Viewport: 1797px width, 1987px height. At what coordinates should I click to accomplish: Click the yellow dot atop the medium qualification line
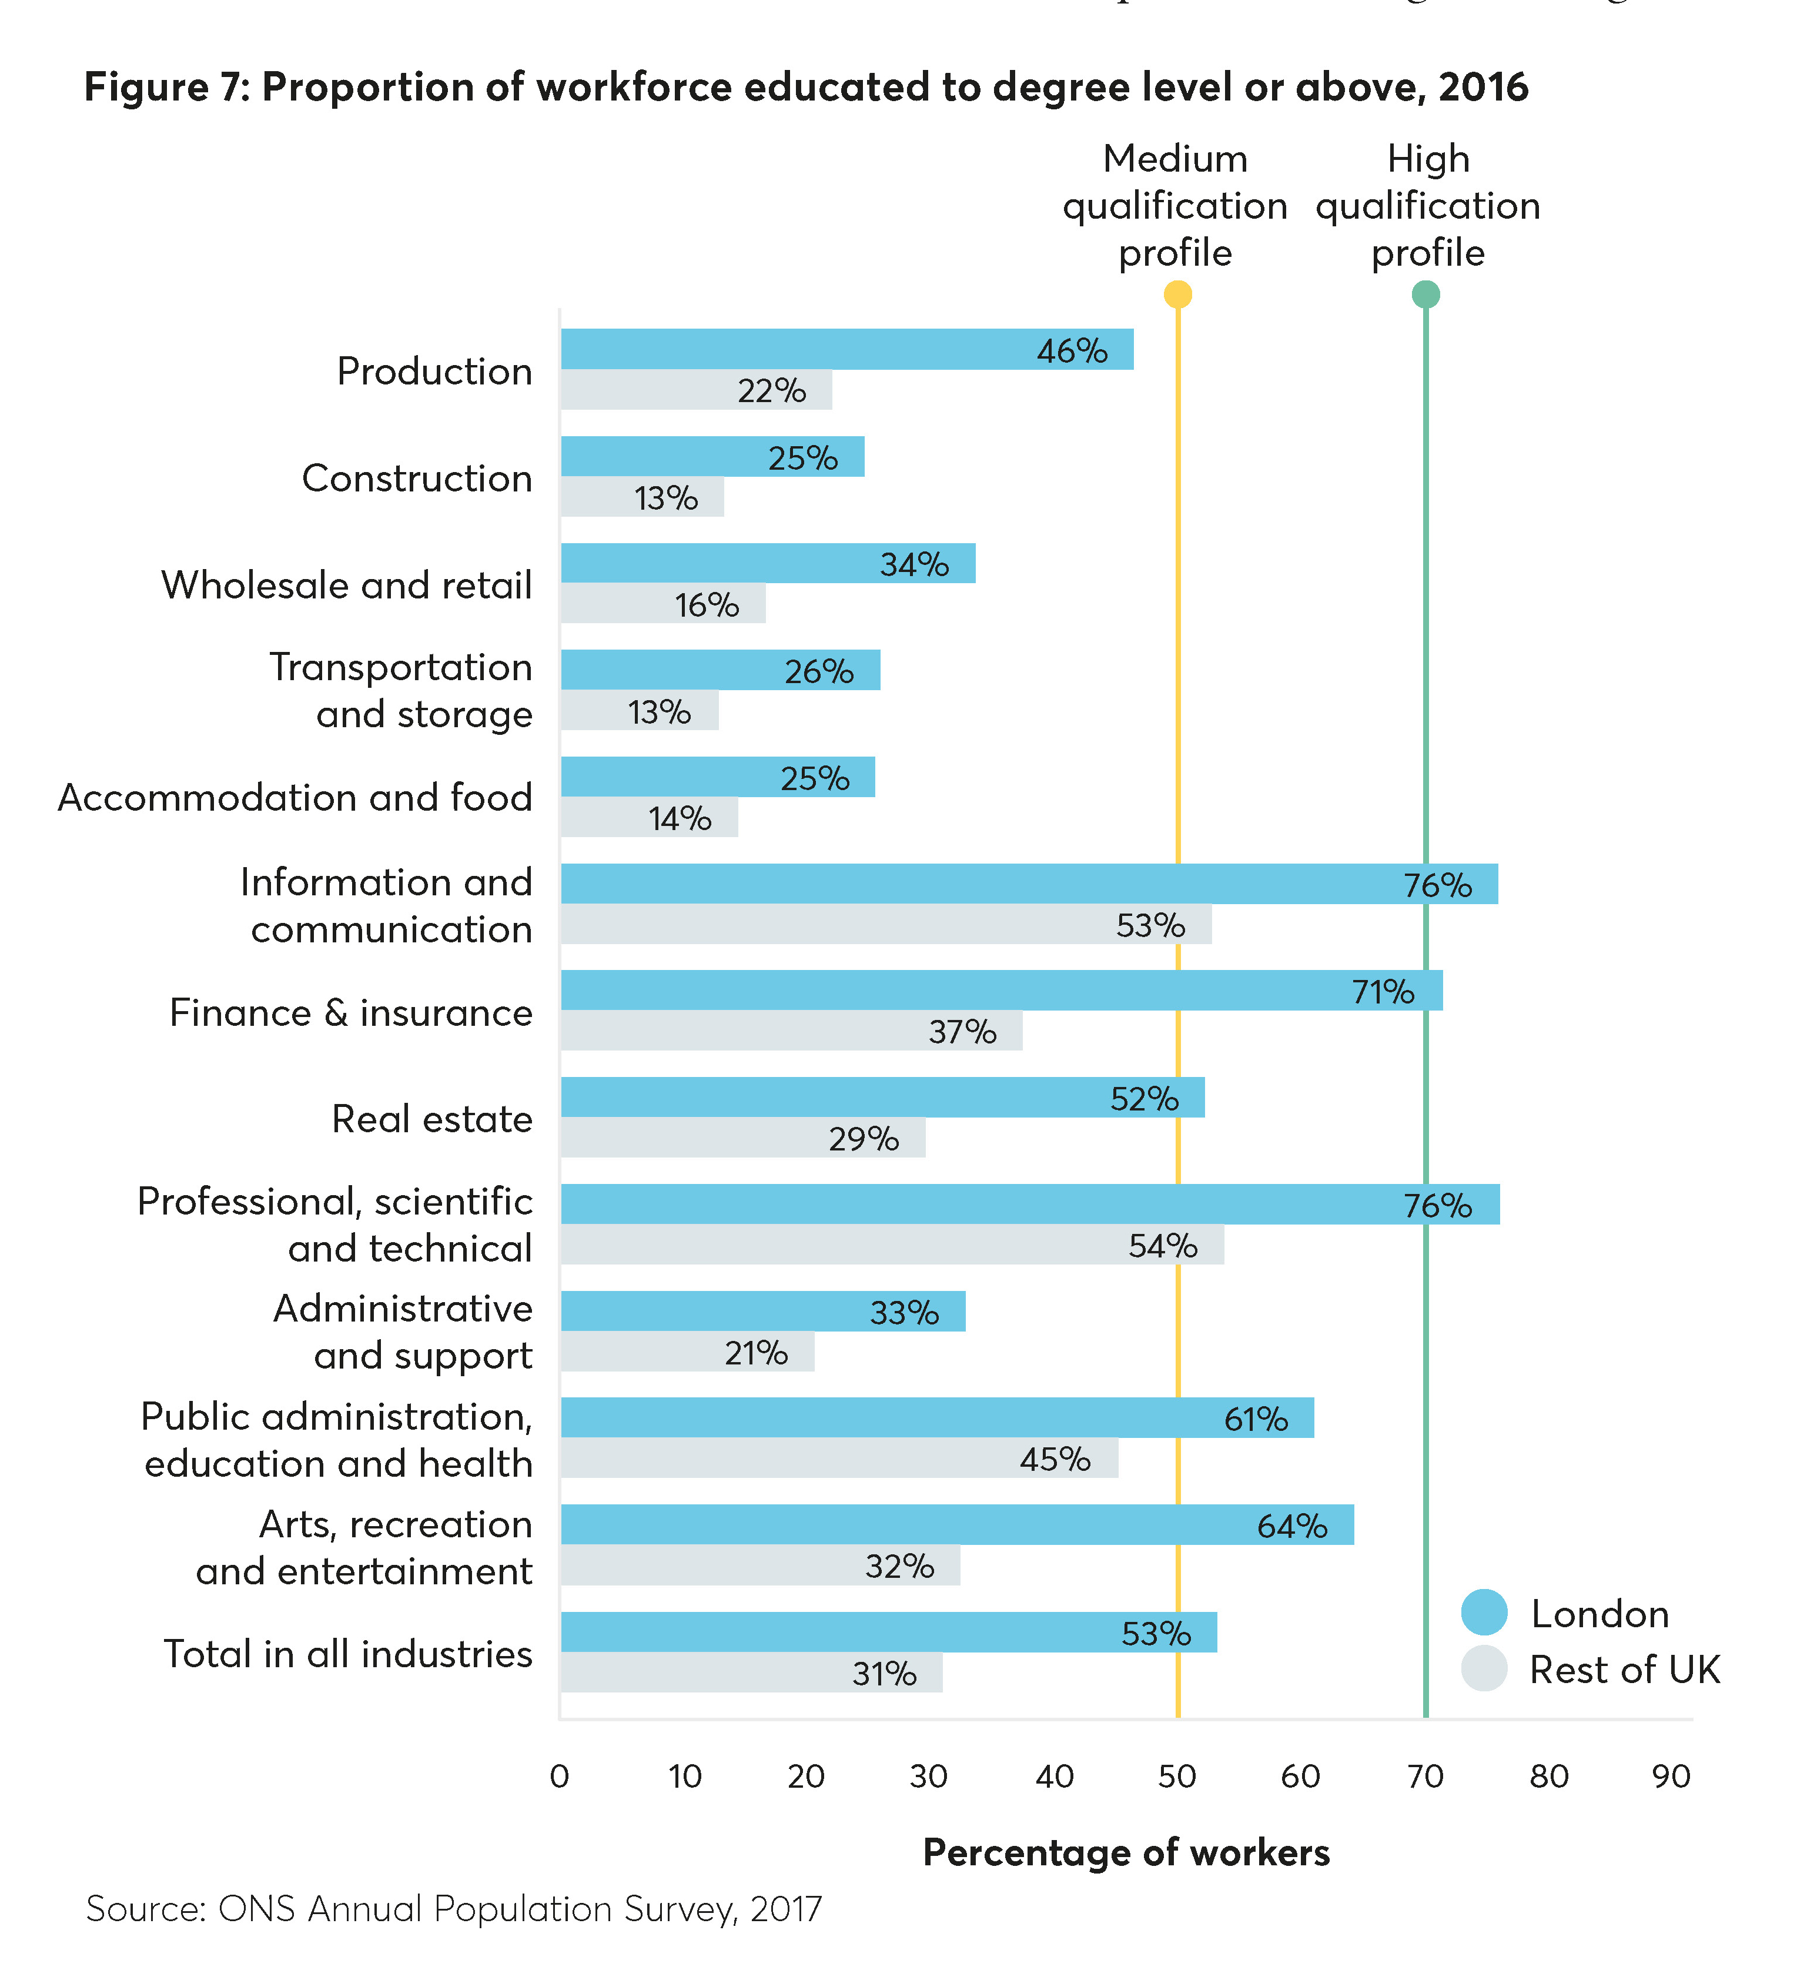point(1177,294)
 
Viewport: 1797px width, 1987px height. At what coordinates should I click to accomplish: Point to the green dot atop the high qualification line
point(1425,294)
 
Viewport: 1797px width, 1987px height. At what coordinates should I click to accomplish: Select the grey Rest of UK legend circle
point(1484,1668)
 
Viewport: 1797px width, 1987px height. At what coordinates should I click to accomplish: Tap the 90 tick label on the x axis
point(1671,1776)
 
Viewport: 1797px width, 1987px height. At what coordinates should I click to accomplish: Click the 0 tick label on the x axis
point(559,1776)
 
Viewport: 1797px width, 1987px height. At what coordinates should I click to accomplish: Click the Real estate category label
point(431,1119)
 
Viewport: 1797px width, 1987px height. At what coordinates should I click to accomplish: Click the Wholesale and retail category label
point(346,584)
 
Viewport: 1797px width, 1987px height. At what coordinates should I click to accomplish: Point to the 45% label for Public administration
point(1055,1459)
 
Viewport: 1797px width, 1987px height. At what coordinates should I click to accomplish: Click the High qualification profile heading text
point(1427,205)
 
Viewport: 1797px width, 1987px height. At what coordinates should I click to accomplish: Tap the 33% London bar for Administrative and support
point(762,1311)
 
